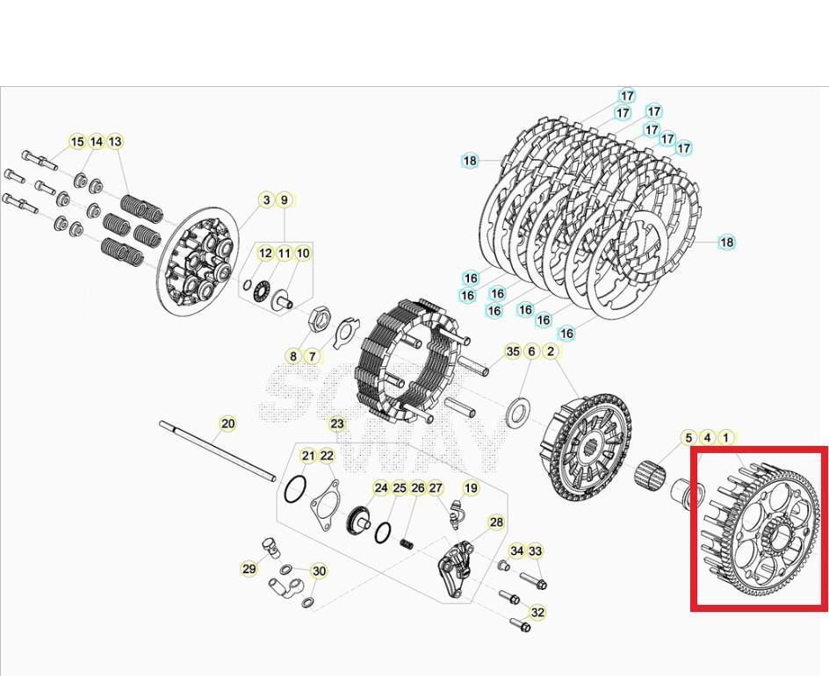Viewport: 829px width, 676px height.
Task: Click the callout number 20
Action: tap(227, 424)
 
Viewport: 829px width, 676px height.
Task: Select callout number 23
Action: tap(337, 424)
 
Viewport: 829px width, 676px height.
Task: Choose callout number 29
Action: tap(249, 569)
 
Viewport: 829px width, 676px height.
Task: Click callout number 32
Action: tap(537, 612)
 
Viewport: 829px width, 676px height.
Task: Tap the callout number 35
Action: tap(513, 351)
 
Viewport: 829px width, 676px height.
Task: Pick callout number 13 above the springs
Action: tap(115, 141)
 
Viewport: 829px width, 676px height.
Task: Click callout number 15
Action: tap(77, 141)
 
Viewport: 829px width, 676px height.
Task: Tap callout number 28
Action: tap(496, 522)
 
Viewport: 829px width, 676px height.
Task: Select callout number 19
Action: tap(471, 488)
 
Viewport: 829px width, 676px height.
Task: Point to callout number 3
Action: tap(266, 200)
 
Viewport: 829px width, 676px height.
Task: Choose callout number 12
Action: tap(265, 253)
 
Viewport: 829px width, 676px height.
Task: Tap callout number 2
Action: tap(551, 351)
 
